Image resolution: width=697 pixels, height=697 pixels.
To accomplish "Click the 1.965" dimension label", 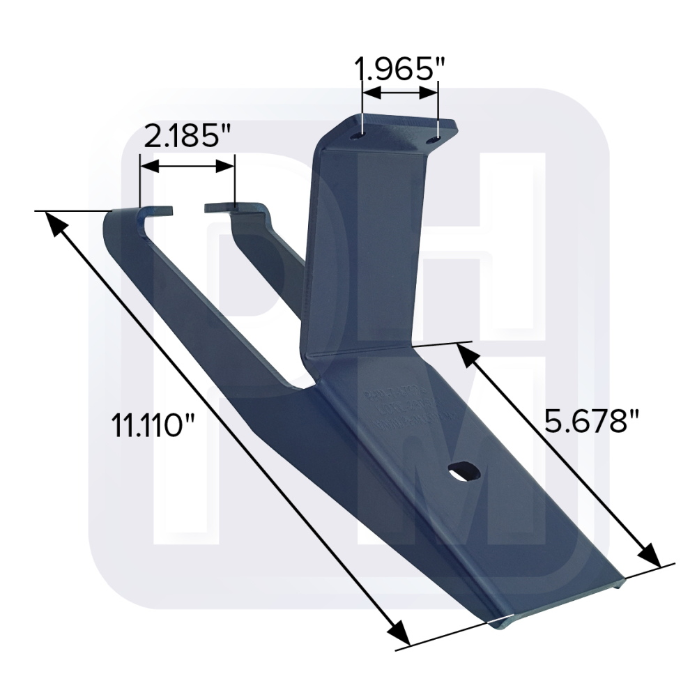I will point(400,70).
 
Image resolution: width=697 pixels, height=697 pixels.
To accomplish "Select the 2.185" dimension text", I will point(187,137).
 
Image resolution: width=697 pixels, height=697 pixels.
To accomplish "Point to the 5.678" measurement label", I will point(592,422).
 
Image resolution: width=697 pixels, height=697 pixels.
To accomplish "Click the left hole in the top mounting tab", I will point(357,136).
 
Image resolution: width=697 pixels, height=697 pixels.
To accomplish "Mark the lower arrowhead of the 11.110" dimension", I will point(400,634).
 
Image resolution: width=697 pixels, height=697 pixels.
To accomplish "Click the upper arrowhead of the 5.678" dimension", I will point(466,353).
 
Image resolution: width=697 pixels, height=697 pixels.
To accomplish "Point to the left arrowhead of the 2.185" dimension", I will point(148,166).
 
